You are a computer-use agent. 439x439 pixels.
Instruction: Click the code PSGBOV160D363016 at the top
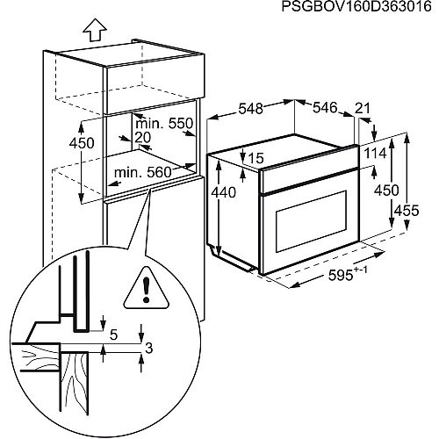(x=356, y=6)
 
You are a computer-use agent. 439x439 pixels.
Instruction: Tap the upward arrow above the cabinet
(x=94, y=30)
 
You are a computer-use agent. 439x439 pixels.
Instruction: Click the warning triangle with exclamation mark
(x=147, y=288)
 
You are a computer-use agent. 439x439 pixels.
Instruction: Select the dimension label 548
(x=251, y=109)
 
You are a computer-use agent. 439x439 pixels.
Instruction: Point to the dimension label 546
(x=325, y=108)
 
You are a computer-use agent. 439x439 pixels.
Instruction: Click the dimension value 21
(x=363, y=108)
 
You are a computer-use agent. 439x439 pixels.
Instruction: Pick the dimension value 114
(x=376, y=153)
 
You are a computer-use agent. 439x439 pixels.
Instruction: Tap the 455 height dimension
(x=407, y=211)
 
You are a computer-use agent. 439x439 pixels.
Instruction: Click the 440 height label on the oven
(x=223, y=192)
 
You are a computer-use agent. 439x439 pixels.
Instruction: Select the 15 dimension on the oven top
(x=255, y=158)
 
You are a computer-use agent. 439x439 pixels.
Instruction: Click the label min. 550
(x=164, y=124)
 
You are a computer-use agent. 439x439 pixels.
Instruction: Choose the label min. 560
(x=143, y=172)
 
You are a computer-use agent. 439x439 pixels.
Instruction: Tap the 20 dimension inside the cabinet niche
(x=143, y=137)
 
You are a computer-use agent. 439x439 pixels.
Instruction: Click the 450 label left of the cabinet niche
(x=82, y=143)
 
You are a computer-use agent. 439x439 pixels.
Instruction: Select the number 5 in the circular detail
(x=114, y=335)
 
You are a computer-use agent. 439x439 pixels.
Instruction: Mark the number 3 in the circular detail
(x=149, y=349)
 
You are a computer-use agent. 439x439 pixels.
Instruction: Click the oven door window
(x=312, y=221)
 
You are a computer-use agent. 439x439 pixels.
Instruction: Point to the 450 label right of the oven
(x=386, y=191)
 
